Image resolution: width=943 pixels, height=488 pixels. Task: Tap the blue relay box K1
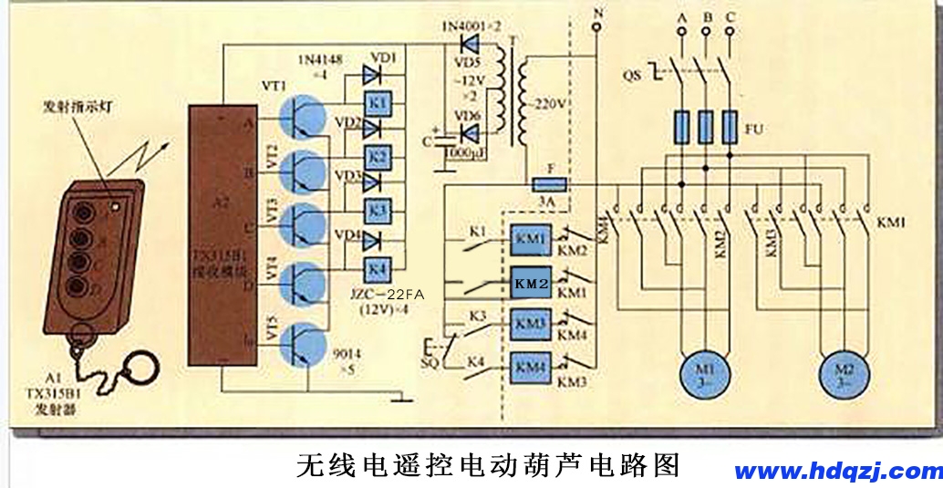pos(378,104)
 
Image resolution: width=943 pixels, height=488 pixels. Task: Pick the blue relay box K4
pos(378,269)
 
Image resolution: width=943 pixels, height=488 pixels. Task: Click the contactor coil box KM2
pos(531,282)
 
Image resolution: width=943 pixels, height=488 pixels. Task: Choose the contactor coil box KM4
pos(531,367)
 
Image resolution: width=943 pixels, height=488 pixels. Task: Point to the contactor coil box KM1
pos(531,241)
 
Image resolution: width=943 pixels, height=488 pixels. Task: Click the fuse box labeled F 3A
pos(549,184)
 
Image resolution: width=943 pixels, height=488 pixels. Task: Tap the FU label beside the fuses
pos(753,130)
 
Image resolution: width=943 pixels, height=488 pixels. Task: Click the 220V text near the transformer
pos(551,102)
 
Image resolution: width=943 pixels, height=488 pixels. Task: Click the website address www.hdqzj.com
pos(837,471)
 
